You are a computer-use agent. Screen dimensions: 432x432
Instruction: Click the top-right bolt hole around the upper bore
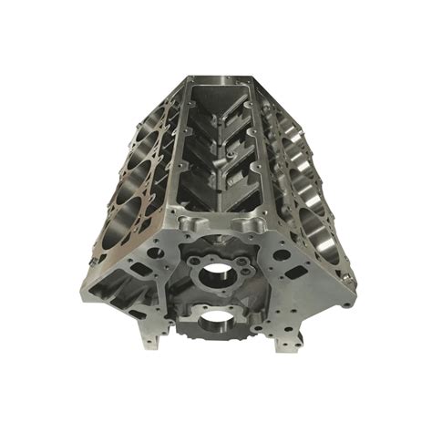[235, 255]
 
